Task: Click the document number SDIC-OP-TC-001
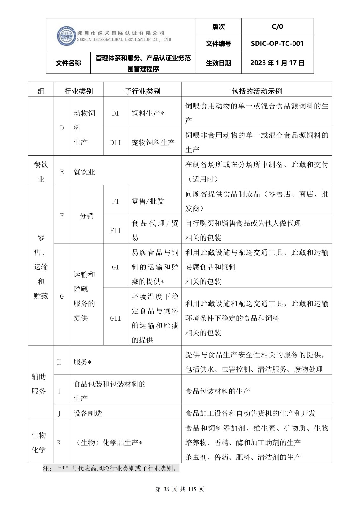[x=277, y=44]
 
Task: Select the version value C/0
[x=277, y=27]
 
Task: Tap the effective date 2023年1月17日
[x=277, y=63]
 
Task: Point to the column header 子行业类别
[x=142, y=91]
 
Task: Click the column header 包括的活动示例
[x=257, y=91]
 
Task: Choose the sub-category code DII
[x=116, y=143]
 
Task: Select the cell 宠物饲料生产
[x=153, y=143]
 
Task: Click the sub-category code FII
[x=116, y=230]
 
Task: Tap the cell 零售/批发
[x=148, y=201]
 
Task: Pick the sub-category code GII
[x=116, y=318]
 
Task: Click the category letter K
[x=59, y=443]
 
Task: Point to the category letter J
[x=59, y=413]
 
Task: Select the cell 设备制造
[x=88, y=413]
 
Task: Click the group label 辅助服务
[x=39, y=384]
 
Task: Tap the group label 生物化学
[x=39, y=443]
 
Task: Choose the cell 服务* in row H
[x=82, y=362]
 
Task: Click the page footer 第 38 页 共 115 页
[x=180, y=489]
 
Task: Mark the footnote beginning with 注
[x=111, y=468]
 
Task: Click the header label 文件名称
[x=68, y=63]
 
